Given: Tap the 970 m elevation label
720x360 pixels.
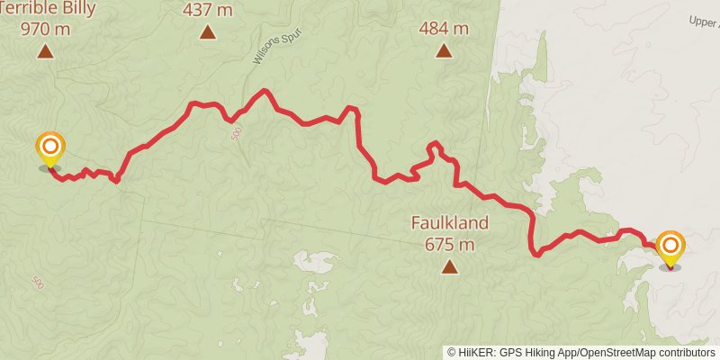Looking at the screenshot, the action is (x=46, y=28).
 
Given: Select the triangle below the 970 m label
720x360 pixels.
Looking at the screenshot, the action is (x=46, y=51).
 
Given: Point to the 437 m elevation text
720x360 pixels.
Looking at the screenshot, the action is (x=208, y=11).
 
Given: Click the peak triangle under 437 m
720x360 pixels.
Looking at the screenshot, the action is (x=208, y=33).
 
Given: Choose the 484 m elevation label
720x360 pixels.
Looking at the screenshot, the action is (x=444, y=29).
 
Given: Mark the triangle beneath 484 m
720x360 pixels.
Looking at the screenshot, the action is (x=444, y=51).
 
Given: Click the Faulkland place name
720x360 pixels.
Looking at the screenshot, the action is (x=449, y=222).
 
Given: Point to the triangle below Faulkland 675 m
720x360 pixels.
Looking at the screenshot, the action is (x=449, y=265).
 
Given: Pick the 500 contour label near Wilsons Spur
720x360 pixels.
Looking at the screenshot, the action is (x=236, y=132).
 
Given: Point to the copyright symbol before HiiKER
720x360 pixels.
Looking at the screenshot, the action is (x=452, y=353).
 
